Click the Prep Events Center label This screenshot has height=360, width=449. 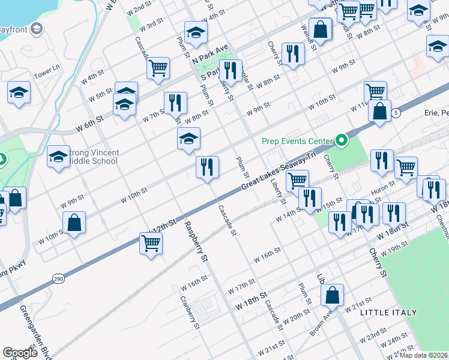297,142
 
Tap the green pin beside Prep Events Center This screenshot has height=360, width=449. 342,142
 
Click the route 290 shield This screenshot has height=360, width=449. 58,279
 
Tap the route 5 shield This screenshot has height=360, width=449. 396,113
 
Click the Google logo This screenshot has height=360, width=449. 20,352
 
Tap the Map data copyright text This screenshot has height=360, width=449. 423,355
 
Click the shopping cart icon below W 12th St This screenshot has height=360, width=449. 150,243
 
